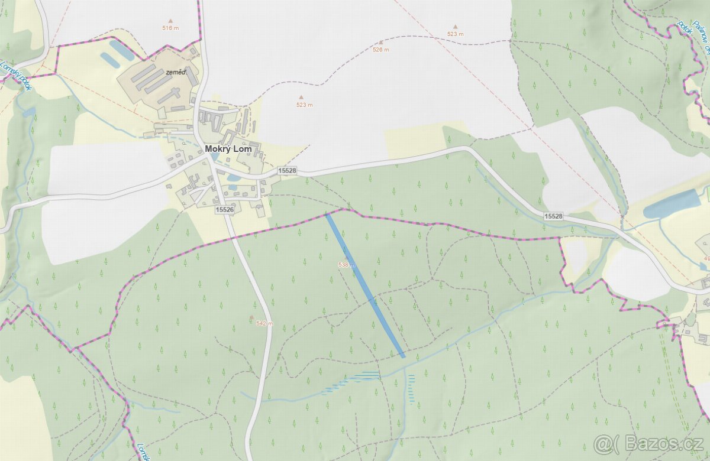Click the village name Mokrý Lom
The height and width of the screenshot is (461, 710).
pos(228,149)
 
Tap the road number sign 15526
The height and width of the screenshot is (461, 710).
pos(225,210)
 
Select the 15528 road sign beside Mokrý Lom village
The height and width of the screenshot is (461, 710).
pos(287,171)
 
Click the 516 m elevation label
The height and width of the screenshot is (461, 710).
pos(170,28)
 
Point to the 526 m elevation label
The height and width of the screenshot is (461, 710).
pos(381,50)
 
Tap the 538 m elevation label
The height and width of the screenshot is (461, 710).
pos(346,265)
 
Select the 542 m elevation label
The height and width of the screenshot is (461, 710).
pos(264,323)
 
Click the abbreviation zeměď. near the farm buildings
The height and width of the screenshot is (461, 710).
pos(176,72)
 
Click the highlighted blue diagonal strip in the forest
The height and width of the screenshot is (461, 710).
pos(365,285)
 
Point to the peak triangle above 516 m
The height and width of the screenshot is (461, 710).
pos(170,20)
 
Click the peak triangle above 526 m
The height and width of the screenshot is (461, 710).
pos(381,42)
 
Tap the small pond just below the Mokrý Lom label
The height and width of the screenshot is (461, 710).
pos(234,177)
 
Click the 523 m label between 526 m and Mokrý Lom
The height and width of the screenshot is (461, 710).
pos(304,105)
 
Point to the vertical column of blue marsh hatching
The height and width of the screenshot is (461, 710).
pos(411,388)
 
